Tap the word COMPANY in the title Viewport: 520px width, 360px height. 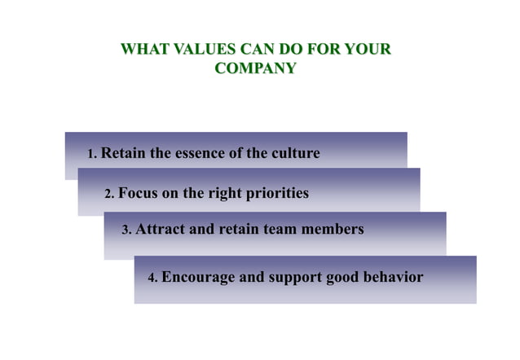pos(255,68)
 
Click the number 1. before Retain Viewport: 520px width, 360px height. pos(92,154)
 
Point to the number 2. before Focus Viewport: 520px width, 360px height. pos(110,195)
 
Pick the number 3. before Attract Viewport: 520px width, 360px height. pos(126,230)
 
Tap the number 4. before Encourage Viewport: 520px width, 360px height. pos(152,279)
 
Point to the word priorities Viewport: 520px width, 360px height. pos(276,194)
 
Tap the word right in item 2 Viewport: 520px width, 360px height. pos(220,194)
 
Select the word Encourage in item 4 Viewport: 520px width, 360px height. pos(198,278)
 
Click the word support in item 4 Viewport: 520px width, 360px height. pos(294,278)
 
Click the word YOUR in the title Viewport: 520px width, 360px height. pos(368,50)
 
